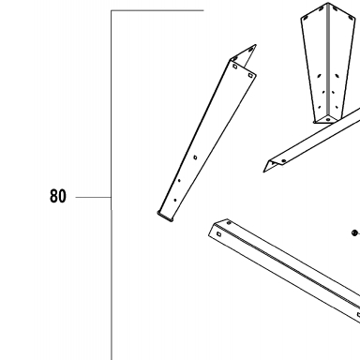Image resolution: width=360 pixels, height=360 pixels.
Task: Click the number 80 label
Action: click(58, 196)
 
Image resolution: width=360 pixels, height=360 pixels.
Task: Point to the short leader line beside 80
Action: click(94, 197)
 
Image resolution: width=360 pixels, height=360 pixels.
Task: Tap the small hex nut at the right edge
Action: click(354, 232)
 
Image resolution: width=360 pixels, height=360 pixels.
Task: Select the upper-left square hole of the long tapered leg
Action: click(235, 67)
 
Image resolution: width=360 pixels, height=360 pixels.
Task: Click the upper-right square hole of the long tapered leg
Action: click(250, 75)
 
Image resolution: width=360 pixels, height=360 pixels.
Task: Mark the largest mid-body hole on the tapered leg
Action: click(195, 157)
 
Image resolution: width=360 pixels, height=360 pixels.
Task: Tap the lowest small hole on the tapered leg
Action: click(175, 200)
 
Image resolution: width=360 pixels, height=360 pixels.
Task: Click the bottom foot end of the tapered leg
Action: click(165, 217)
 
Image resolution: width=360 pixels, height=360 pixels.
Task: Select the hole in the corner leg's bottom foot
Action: click(327, 119)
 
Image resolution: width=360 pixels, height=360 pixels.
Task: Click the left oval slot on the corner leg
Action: click(319, 76)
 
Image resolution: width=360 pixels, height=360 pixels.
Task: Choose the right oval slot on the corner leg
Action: click(337, 76)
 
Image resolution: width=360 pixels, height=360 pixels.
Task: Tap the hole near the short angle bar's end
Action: click(283, 161)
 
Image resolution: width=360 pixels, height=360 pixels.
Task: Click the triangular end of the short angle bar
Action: click(269, 165)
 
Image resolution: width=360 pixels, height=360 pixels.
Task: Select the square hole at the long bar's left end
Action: click(218, 234)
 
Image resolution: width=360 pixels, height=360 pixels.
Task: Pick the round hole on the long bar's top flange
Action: click(229, 223)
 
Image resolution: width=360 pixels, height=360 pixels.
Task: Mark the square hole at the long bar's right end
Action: click(358, 315)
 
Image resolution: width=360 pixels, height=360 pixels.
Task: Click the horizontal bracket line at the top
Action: click(157, 10)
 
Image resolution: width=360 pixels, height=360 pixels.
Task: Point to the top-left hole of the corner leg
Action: click(307, 19)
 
